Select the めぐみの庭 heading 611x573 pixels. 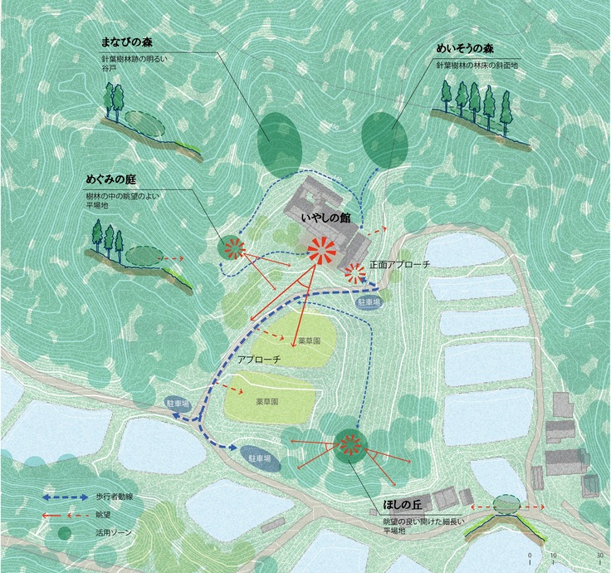coord(110,179)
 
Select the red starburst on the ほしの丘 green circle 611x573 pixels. coord(350,446)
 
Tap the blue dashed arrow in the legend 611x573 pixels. coord(66,496)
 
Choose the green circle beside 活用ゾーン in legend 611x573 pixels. coord(65,533)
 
